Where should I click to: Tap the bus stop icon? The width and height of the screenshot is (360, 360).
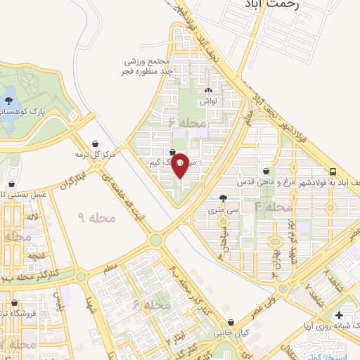(x=333, y=172)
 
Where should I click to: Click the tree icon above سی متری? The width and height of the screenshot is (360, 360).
(x=224, y=198)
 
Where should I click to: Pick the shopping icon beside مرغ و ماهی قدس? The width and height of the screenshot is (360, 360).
(x=266, y=171)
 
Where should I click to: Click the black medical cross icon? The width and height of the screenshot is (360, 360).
(x=340, y=316)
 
